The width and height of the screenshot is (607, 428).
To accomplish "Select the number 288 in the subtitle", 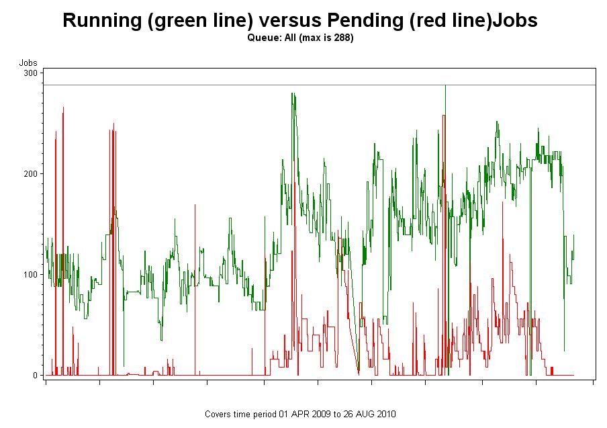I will click(x=339, y=38).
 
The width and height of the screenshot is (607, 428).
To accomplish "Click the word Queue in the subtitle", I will click(x=261, y=38).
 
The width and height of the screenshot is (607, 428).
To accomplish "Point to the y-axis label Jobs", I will click(x=28, y=62).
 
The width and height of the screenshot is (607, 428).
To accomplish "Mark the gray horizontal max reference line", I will click(x=201, y=85).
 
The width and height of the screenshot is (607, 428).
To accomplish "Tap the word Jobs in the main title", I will click(x=515, y=20).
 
